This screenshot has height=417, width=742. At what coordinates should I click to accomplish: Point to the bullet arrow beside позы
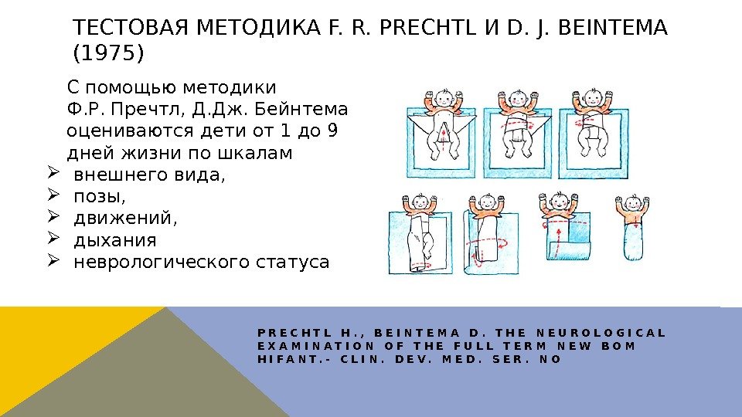53,197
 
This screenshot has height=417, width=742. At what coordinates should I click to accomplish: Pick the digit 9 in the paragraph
332,130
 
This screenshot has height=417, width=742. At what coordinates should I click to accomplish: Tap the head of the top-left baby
444,98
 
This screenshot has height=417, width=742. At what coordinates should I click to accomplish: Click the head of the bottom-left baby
420,202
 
